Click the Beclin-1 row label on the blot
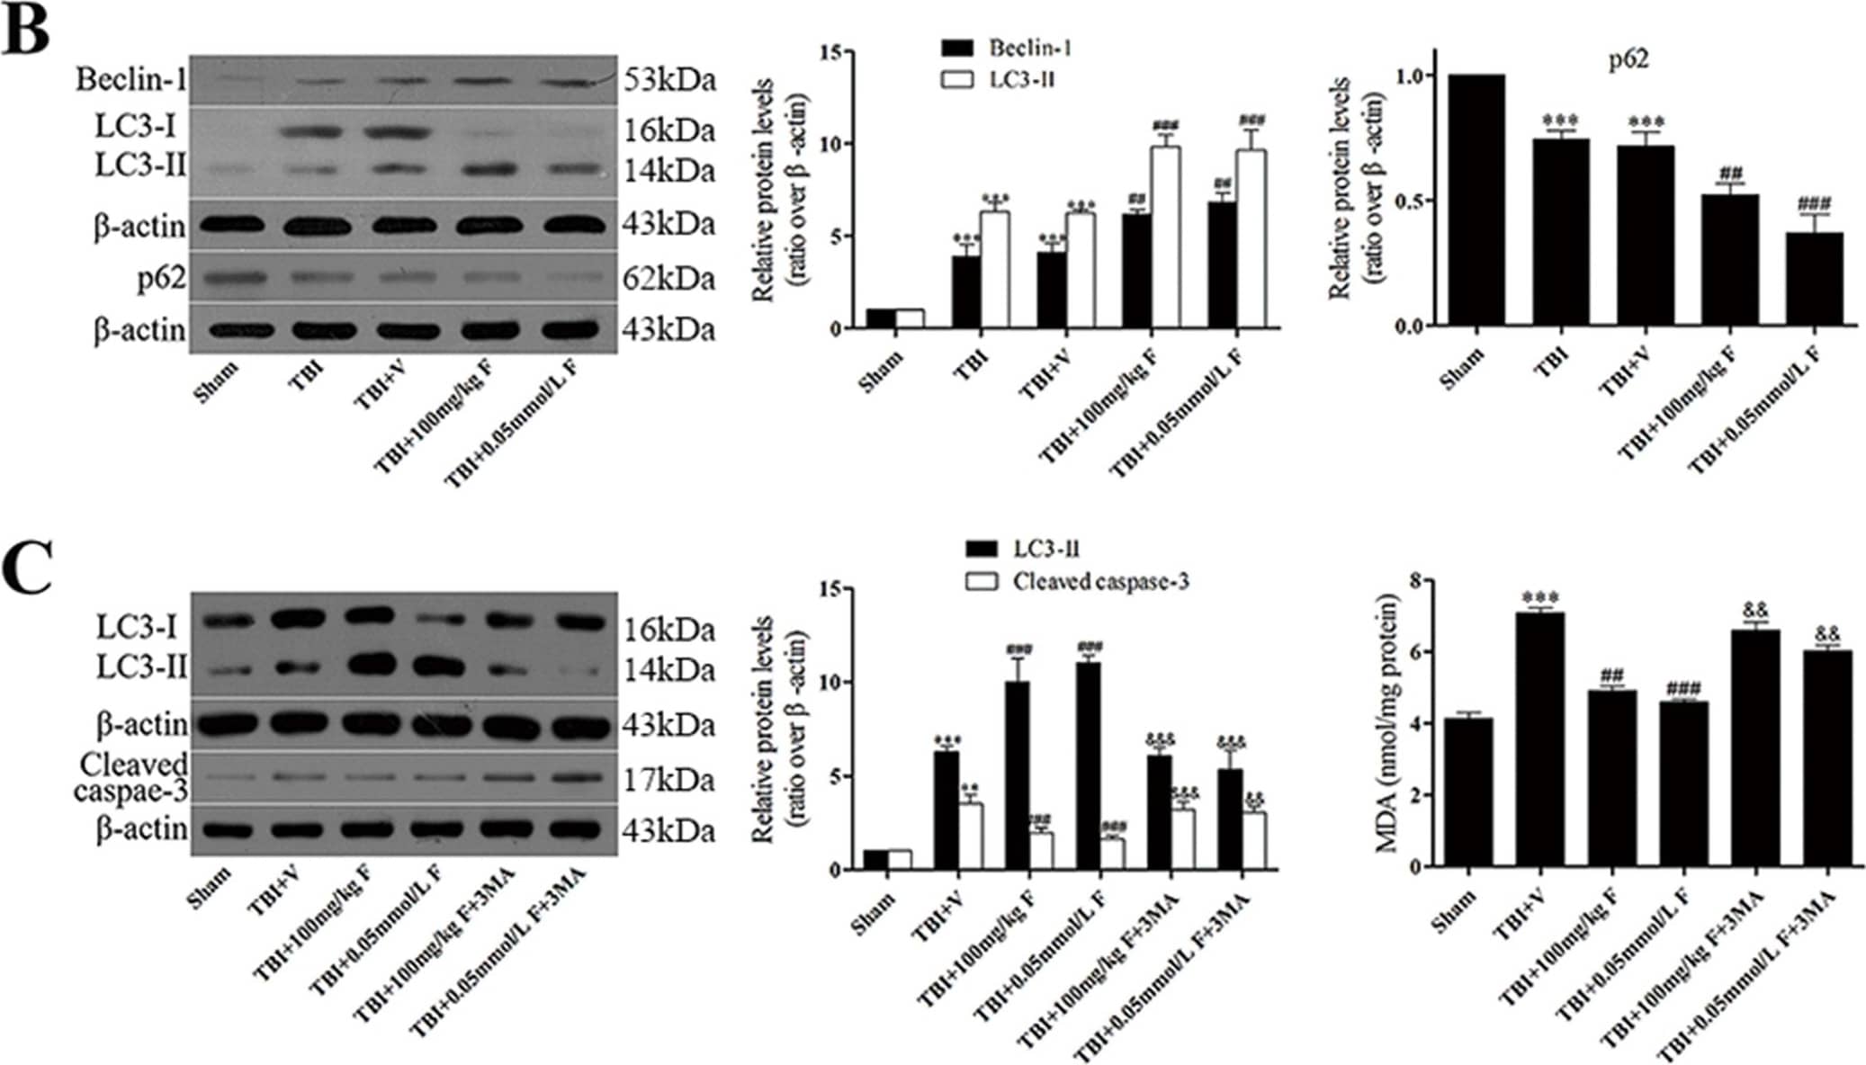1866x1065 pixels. pyautogui.click(x=131, y=80)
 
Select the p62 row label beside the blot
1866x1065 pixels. pyautogui.click(x=161, y=279)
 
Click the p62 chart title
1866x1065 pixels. pyautogui.click(x=1628, y=60)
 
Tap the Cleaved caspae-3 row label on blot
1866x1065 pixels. pyautogui.click(x=132, y=777)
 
